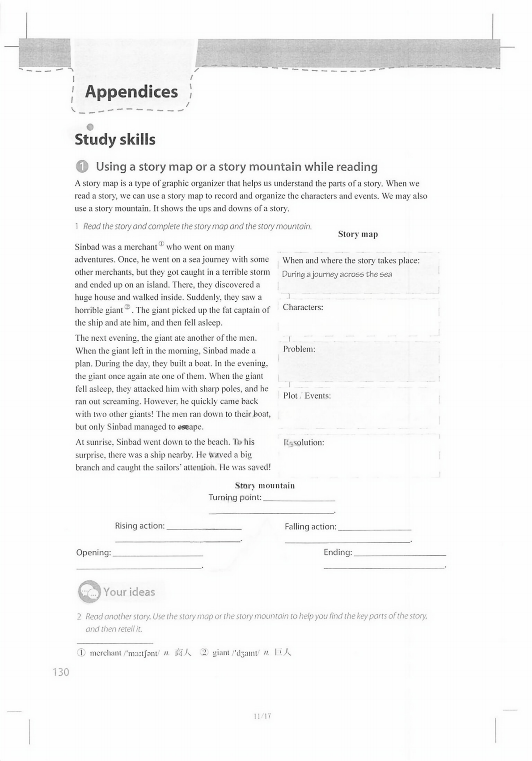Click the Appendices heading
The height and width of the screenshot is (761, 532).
(x=131, y=92)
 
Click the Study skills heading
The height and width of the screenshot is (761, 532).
(x=115, y=140)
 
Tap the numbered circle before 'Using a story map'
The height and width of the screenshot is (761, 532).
(x=82, y=167)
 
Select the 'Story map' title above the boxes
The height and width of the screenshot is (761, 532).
(x=358, y=234)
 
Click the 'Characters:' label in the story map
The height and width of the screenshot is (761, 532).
(x=303, y=307)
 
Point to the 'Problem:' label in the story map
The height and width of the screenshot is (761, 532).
(x=299, y=349)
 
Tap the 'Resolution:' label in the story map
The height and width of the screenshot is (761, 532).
(x=304, y=443)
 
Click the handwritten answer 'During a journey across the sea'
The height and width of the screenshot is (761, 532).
(x=337, y=275)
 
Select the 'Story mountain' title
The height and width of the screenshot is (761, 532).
(x=265, y=486)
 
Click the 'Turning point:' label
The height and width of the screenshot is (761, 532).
(x=235, y=498)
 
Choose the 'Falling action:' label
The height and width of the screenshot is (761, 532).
(x=311, y=527)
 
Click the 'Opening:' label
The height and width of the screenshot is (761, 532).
(x=93, y=553)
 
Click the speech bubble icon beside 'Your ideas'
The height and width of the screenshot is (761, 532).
(x=89, y=592)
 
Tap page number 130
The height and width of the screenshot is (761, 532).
(x=61, y=672)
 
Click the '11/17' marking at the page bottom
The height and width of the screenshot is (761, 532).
(x=262, y=716)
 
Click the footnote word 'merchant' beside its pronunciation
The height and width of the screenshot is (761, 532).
(x=106, y=653)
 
